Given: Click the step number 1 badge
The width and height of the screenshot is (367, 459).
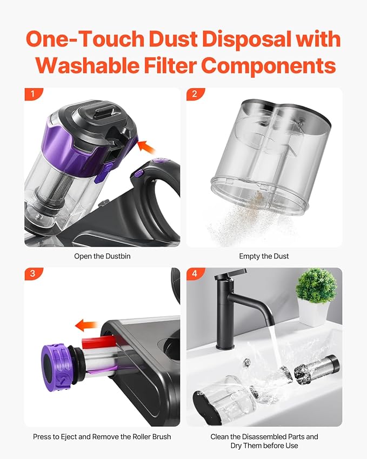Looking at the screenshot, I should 33,95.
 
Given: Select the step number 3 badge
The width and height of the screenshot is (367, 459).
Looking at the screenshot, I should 33,274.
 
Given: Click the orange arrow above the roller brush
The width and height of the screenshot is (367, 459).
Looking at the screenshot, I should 86,325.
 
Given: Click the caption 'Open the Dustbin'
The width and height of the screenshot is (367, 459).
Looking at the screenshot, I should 102,256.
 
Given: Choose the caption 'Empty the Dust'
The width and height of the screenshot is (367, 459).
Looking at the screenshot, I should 264,256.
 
